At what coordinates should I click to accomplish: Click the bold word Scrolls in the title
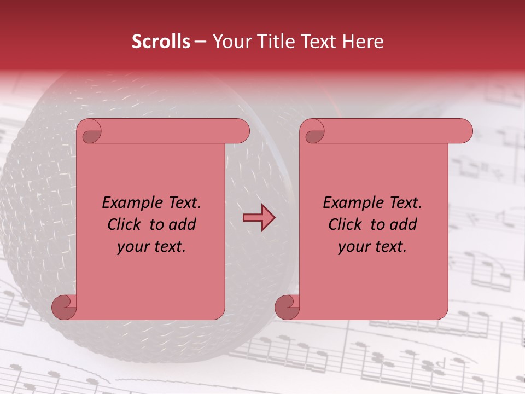point(161,42)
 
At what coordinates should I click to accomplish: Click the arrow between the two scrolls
point(259,218)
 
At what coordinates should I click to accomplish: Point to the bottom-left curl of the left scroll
point(64,307)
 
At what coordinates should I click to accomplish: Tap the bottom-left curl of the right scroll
point(287,307)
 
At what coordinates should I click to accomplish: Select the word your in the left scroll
point(132,247)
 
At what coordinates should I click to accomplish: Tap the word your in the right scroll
point(353,247)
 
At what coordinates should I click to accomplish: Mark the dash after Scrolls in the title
point(200,42)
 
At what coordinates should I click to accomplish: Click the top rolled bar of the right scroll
point(394,131)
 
